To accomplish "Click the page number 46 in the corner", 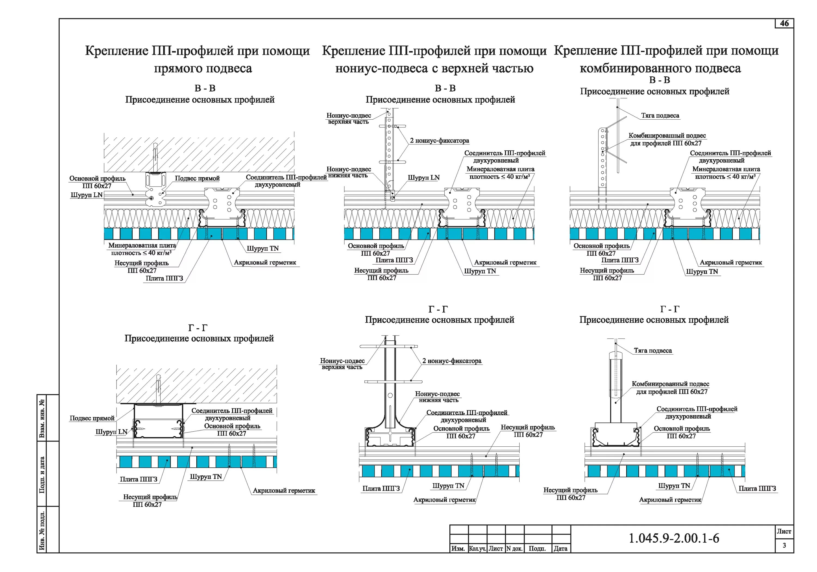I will coord(784,23).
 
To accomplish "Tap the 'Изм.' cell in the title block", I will coord(458,549).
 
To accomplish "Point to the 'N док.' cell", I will coord(514,549).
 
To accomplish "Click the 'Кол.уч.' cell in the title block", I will coord(477,549).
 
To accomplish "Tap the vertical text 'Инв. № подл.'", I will coord(42,530).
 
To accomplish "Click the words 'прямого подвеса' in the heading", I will coord(203,68).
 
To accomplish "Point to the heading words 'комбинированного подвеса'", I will coord(660,68).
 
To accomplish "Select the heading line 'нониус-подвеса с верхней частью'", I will coord(434,68).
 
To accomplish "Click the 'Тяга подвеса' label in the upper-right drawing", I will coord(660,115).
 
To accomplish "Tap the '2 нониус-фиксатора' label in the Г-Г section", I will coord(452,361).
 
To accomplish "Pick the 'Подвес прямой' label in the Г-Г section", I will coord(92,418).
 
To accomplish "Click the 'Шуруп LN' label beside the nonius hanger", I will coord(423,178).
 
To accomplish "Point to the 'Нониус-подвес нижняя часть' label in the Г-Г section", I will coord(437,397).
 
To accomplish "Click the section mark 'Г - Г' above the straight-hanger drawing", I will coord(198,328).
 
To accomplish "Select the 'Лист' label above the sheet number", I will coord(784,531).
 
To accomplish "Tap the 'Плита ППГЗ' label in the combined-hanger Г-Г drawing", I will coord(757,488).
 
